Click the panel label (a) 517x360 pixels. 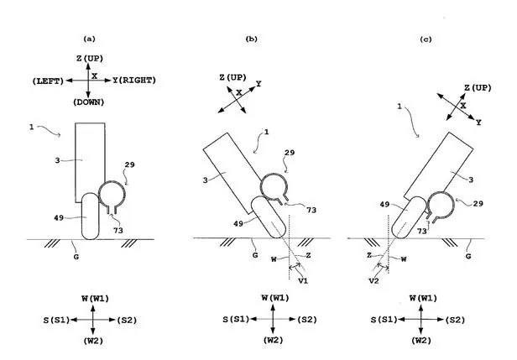(90, 39)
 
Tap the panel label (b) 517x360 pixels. (251, 39)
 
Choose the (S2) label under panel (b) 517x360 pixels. (308, 320)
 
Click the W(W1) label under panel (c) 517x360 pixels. (423, 298)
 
